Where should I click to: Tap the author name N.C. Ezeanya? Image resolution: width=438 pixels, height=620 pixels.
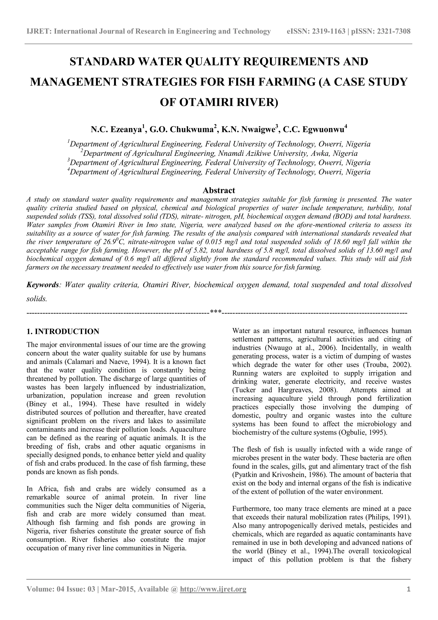pyautogui.click(x=117, y=130)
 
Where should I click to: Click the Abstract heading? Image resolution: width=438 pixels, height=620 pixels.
pyautogui.click(x=219, y=190)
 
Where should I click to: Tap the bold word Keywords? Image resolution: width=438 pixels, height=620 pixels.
pyautogui.click(x=43, y=285)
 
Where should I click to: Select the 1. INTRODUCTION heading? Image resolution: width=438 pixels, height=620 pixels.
pyautogui.click(x=63, y=332)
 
